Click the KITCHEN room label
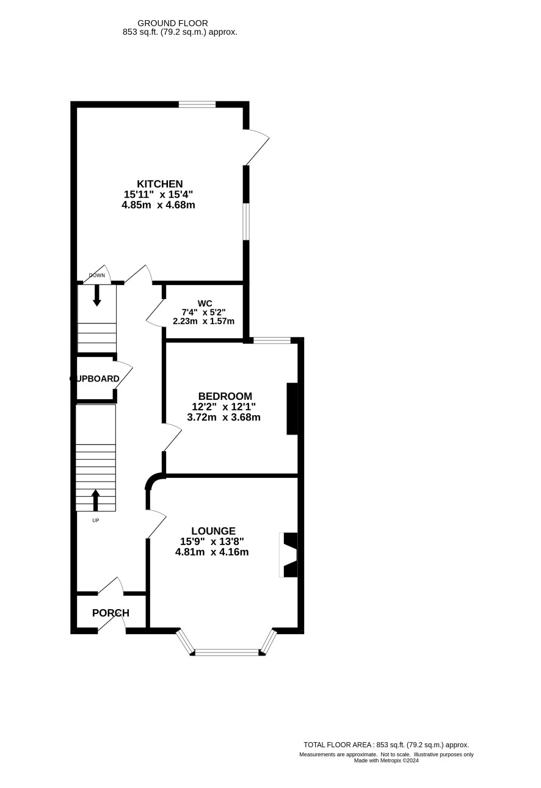coord(160,184)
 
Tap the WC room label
coord(205,303)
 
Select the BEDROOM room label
coord(225,396)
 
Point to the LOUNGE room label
coord(213,531)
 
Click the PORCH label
coord(111,613)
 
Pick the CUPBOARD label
coord(94,379)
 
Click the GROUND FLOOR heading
coord(172,23)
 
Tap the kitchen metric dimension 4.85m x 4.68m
coord(158,204)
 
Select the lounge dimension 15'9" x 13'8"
coord(212,541)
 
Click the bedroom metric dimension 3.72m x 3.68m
coord(224,417)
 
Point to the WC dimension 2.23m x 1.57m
coord(203,321)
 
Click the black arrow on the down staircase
coord(97,295)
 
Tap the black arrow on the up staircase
coord(96,500)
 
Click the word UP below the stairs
coord(96,521)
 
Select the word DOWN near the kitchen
coord(97,275)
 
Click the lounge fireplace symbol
coord(289,555)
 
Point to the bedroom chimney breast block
coord(292,409)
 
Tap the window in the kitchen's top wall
coord(197,104)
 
